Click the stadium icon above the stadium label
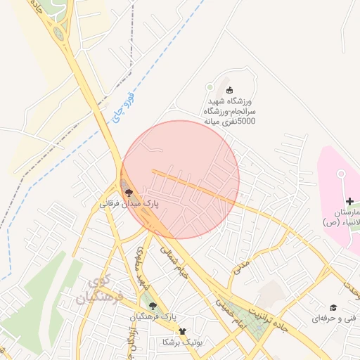click(x=229, y=89)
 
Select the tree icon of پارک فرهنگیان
click(x=153, y=305)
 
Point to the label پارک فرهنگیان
click(x=153, y=318)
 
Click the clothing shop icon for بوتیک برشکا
click(x=183, y=330)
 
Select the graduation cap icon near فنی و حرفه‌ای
click(x=333, y=307)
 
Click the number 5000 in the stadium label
click(x=243, y=122)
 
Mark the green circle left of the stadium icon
click(x=209, y=87)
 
